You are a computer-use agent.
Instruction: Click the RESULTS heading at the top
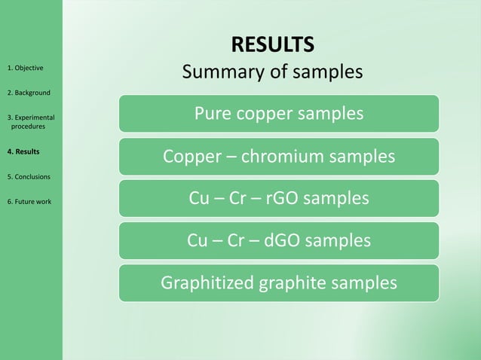pos(272,44)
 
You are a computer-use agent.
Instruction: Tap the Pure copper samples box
pos(278,114)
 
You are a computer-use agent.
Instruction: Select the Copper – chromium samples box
pos(278,157)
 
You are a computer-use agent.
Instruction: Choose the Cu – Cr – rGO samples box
pos(278,198)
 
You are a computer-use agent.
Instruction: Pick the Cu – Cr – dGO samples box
pos(278,240)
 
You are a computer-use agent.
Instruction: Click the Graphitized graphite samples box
pos(278,283)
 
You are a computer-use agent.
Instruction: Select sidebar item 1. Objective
pos(25,68)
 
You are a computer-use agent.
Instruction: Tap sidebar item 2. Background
pos(29,93)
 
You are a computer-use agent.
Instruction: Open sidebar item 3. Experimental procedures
pos(30,121)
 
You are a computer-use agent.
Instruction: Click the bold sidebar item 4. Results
pos(23,151)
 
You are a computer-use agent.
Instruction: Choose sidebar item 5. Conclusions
pos(29,176)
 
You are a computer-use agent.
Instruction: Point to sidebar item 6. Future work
pos(29,201)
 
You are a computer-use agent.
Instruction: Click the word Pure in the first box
pos(213,114)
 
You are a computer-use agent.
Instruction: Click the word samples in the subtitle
pos(325,72)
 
